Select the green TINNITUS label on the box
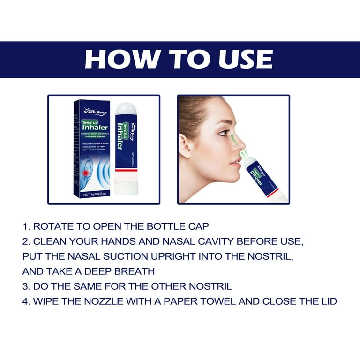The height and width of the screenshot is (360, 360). click(88, 120)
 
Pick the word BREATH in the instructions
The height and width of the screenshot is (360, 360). click(135, 271)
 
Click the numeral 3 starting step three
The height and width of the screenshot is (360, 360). click(25, 286)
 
